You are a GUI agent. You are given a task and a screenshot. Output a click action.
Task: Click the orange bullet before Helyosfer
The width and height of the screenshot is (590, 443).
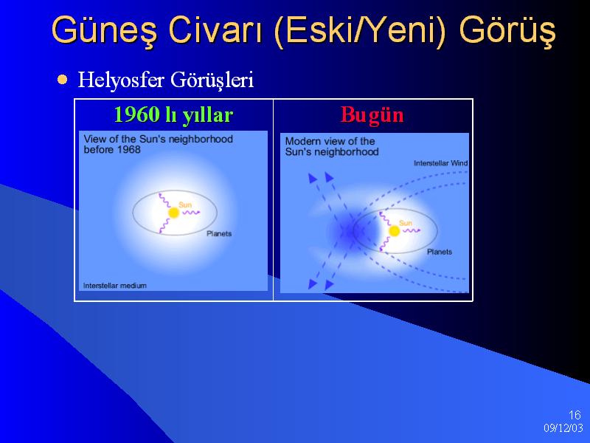click(x=63, y=80)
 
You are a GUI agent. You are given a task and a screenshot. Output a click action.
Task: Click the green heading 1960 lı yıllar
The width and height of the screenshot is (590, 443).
click(x=173, y=115)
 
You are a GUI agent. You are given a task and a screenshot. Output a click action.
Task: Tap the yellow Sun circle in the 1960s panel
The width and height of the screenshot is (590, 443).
click(x=173, y=213)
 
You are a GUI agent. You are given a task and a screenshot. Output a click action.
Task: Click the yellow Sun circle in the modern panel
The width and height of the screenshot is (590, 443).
click(x=394, y=231)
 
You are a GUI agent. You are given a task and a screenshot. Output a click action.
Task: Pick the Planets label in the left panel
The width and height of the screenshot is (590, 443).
click(x=219, y=233)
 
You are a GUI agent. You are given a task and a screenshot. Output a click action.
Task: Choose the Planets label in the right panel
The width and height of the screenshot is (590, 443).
click(x=439, y=252)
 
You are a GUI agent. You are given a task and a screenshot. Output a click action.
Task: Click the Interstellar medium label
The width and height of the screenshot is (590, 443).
click(x=115, y=286)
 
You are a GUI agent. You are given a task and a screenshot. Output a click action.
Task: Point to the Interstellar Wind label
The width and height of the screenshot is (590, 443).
click(x=440, y=163)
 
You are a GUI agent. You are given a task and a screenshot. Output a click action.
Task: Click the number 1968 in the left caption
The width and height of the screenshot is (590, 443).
click(x=128, y=150)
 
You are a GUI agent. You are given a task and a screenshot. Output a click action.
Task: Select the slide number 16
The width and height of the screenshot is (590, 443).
click(x=575, y=415)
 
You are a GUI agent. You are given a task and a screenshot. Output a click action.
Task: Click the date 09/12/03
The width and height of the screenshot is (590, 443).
click(x=563, y=428)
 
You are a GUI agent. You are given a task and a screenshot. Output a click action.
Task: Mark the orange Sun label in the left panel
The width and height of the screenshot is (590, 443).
click(x=185, y=205)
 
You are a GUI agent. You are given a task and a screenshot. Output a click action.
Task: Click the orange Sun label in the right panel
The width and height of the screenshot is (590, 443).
click(x=405, y=223)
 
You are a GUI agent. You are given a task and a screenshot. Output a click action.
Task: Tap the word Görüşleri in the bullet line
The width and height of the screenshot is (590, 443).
click(x=212, y=80)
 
